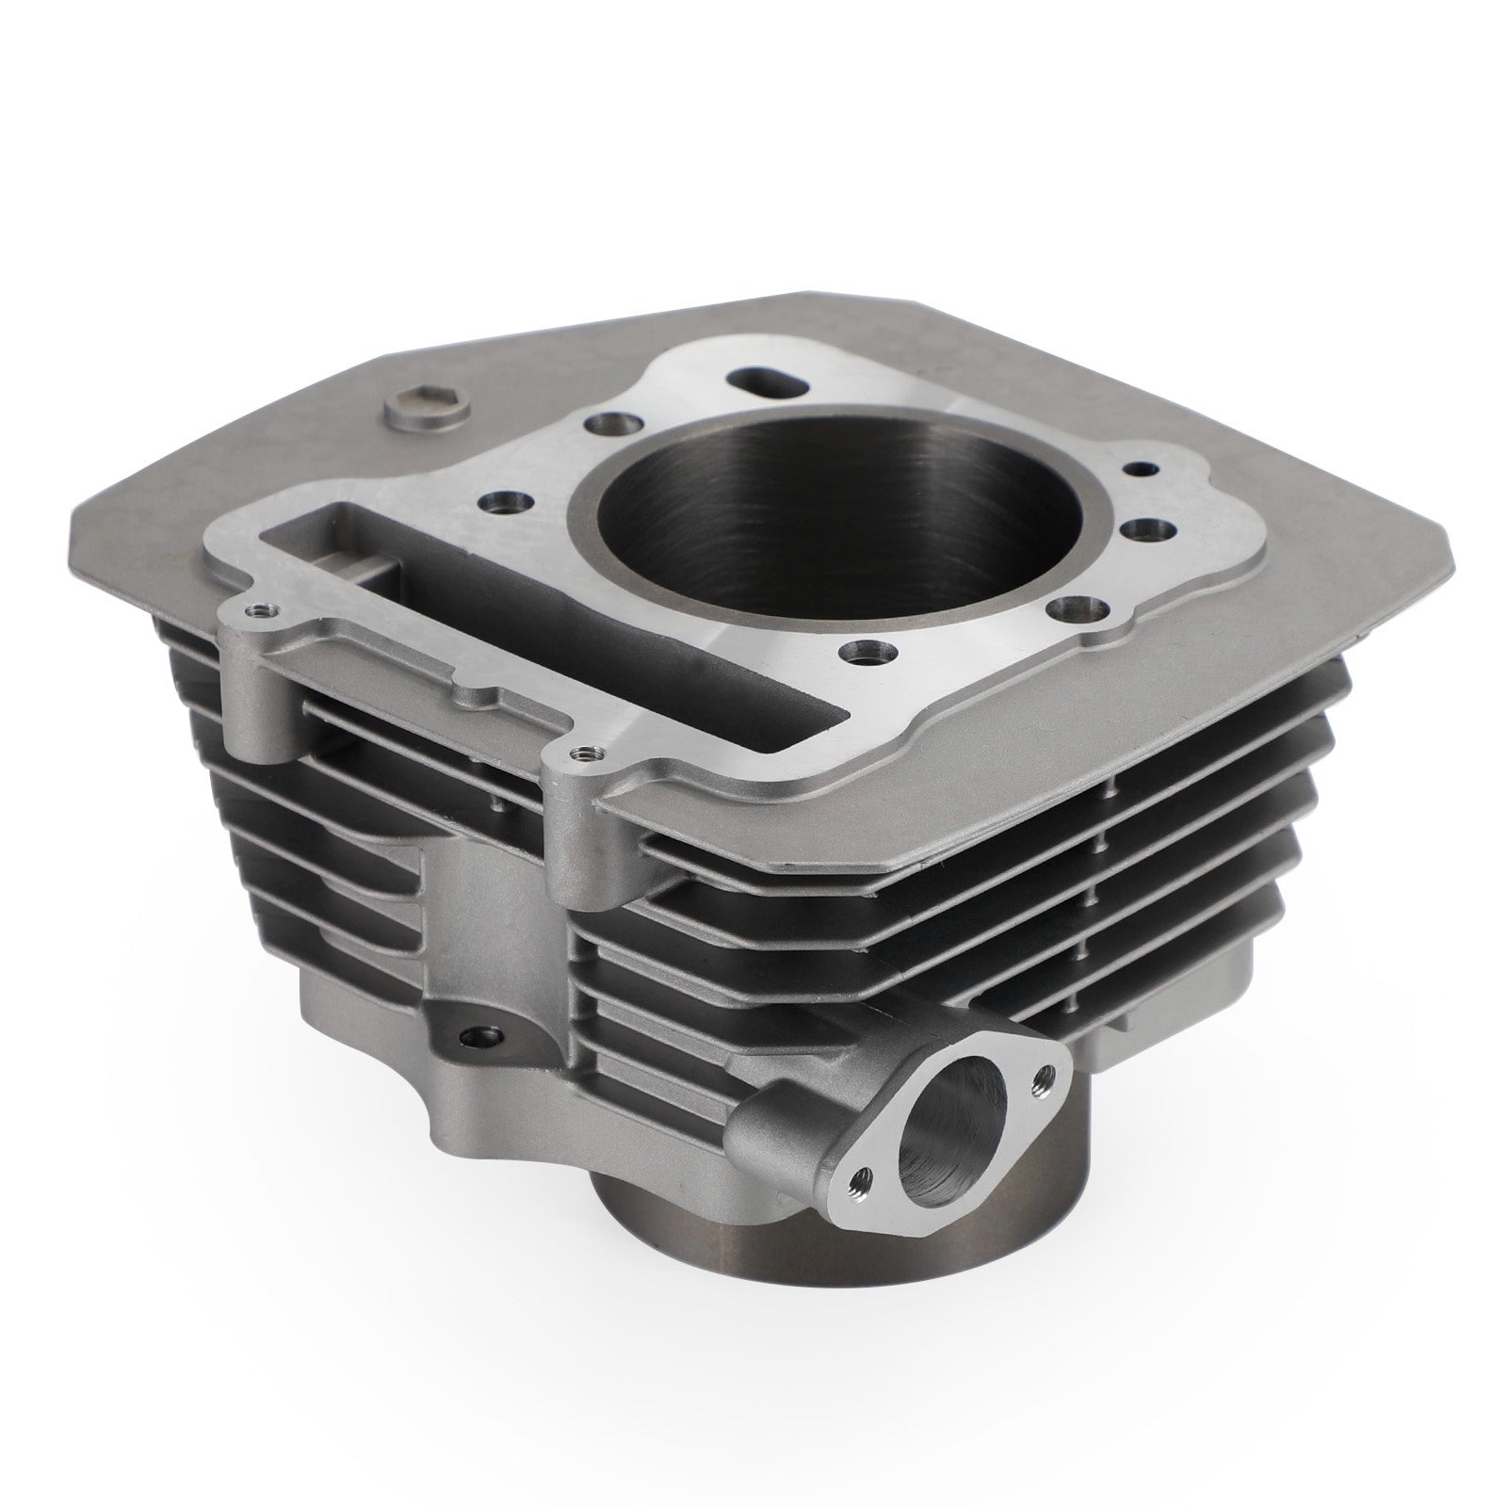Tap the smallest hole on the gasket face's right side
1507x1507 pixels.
1142,467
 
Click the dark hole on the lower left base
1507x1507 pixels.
469,1040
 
